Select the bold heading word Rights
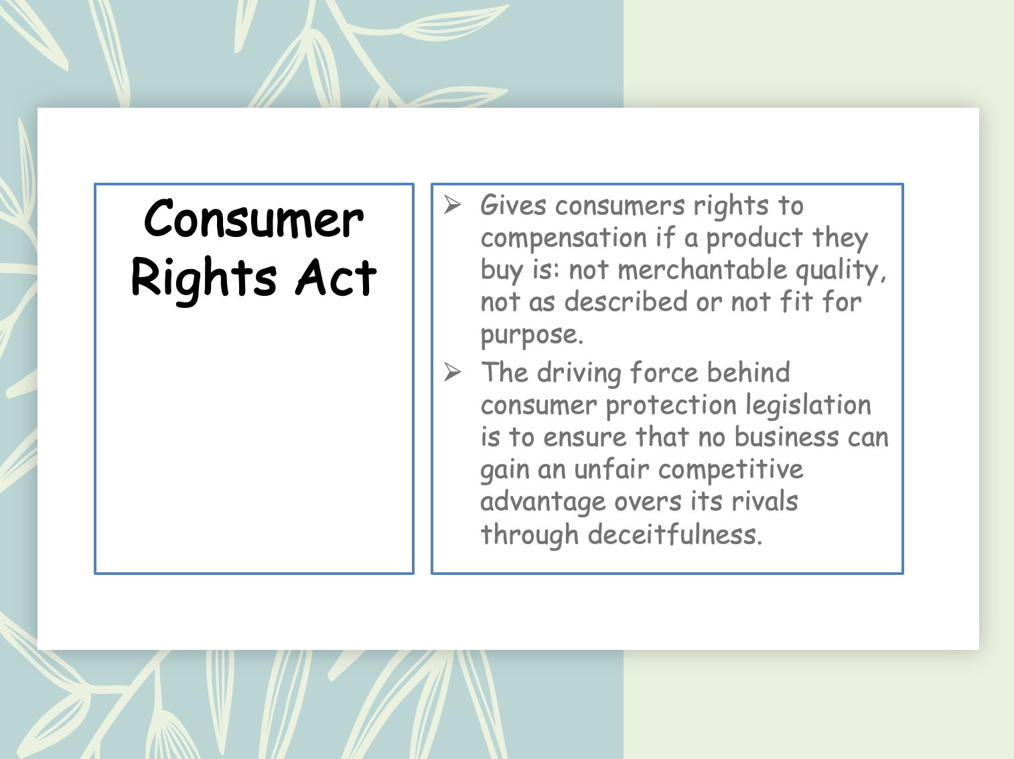pyautogui.click(x=204, y=278)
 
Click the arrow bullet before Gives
pyautogui.click(x=453, y=205)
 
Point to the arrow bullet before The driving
pyautogui.click(x=453, y=372)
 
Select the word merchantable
pyautogui.click(x=702, y=270)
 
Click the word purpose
pyautogui.click(x=531, y=335)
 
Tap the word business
pyautogui.click(x=786, y=437)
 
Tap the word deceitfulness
pyautogui.click(x=675, y=535)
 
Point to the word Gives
pyautogui.click(x=513, y=205)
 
